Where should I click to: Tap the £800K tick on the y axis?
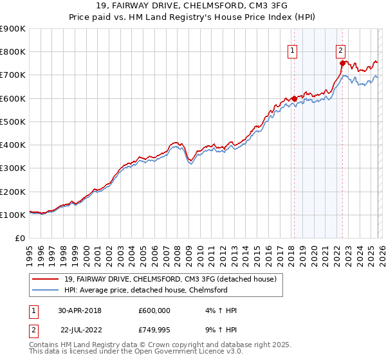[x=13, y=52]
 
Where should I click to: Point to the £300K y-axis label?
[x=13, y=168]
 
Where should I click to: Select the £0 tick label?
[x=19, y=239]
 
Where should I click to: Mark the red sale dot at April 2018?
[x=295, y=98]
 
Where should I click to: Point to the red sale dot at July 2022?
[x=342, y=63]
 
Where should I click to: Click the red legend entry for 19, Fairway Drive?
[x=170, y=279]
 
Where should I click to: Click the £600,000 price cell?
[x=154, y=310]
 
